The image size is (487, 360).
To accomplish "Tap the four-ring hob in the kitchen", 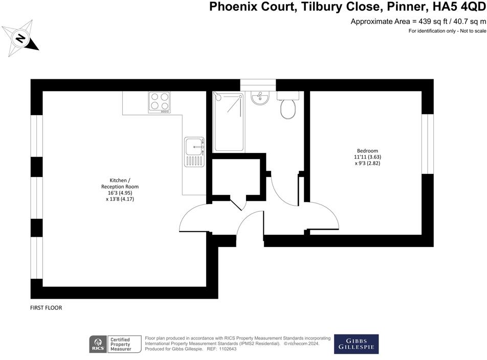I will tap(159, 102).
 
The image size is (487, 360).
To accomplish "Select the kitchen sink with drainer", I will tap(194, 152).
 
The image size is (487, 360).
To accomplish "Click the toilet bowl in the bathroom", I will tap(288, 108).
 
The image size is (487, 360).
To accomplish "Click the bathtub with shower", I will tap(229, 122).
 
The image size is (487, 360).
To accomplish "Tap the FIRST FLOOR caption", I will tap(46, 308).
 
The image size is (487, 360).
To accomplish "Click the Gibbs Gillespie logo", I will tap(356, 344).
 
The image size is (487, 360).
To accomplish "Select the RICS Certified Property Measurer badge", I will tap(110, 344).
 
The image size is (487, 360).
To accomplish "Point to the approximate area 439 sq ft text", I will tap(418, 21).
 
